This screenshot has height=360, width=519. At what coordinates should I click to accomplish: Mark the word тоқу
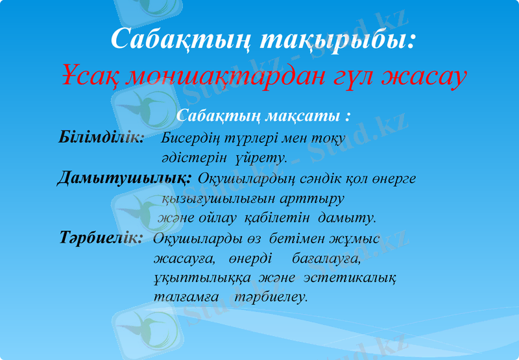tap(329, 138)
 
